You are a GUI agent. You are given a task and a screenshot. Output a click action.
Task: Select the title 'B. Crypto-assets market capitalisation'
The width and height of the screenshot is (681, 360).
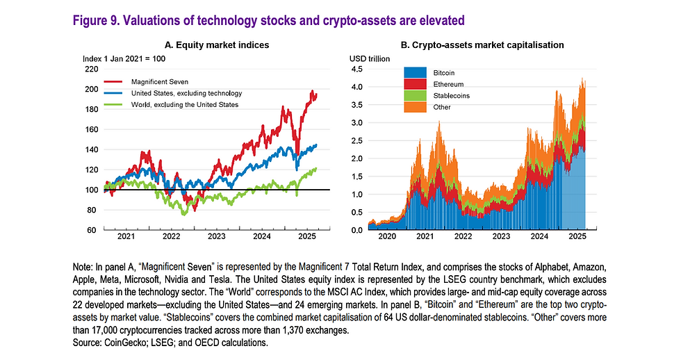click(482, 44)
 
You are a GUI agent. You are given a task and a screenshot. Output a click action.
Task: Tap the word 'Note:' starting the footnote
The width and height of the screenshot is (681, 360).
click(83, 267)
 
